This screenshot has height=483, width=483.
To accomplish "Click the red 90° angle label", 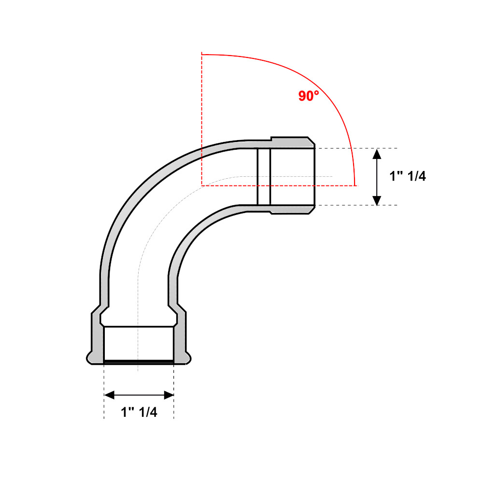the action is coord(308,96).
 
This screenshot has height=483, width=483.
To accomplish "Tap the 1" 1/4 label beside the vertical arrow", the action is coord(408,176).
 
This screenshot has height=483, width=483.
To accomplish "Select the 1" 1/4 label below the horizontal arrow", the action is coord(139,412).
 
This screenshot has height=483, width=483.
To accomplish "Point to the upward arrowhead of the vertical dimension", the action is coord(377,154).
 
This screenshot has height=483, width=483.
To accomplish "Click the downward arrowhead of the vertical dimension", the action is coord(377,200).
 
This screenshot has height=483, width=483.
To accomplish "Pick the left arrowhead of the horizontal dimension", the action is coord(109,395).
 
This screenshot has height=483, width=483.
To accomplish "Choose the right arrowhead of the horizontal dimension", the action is coord(169,395).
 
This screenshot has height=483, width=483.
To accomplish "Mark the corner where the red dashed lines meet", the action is coord(202,186).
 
